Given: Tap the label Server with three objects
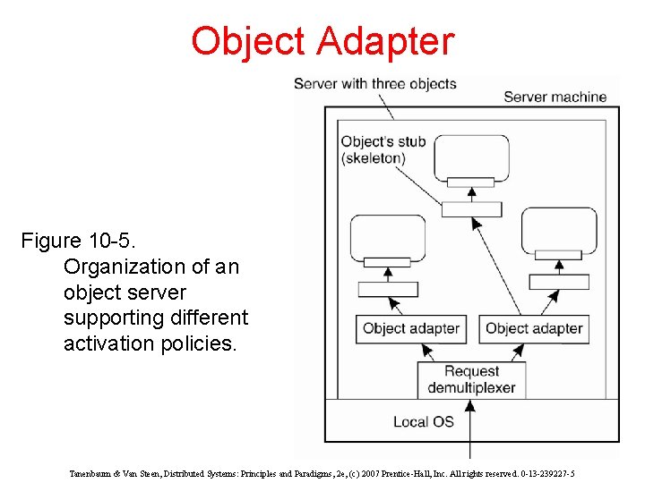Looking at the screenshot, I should (374, 84).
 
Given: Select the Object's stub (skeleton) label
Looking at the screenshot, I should (383, 149).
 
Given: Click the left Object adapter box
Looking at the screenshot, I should (410, 328).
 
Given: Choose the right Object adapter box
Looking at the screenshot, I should (534, 328).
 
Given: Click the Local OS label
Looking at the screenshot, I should (424, 421).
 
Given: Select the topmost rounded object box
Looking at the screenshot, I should (471, 157).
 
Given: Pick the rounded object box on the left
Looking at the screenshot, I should (387, 237).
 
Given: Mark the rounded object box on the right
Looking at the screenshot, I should (559, 231).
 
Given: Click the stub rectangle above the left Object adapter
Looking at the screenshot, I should (387, 289).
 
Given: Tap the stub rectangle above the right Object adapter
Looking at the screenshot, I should (559, 282).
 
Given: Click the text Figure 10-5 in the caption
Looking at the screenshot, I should (79, 241).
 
